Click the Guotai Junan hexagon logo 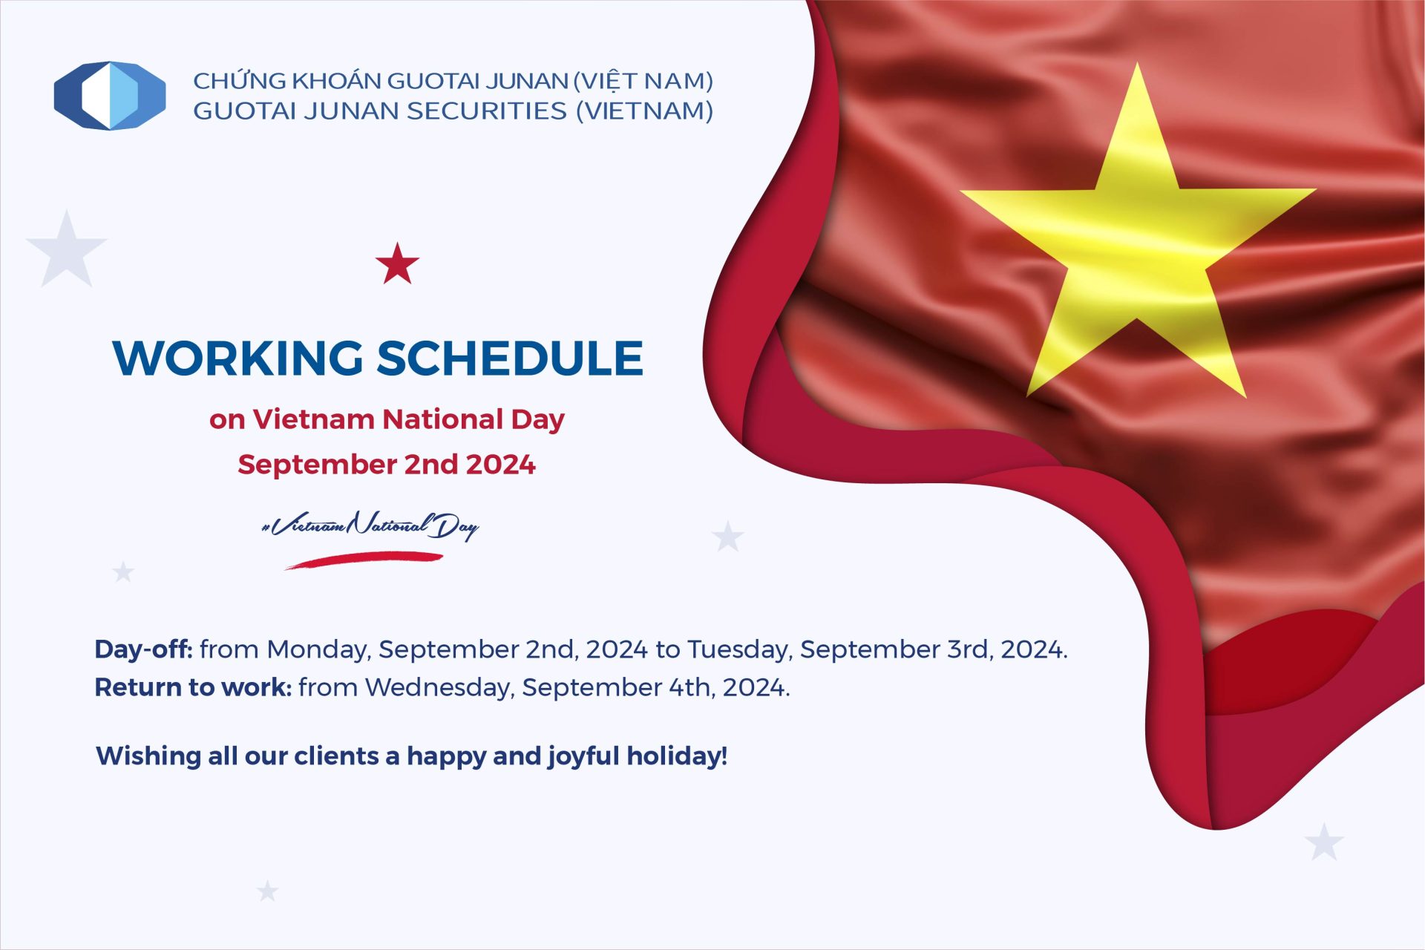110,96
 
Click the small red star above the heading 397,263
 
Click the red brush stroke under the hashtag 364,560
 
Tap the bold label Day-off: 143,649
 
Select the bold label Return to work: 193,687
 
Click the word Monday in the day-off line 318,650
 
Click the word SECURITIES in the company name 487,111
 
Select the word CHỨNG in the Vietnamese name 240,79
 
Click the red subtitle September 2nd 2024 387,465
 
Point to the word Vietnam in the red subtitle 314,419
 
